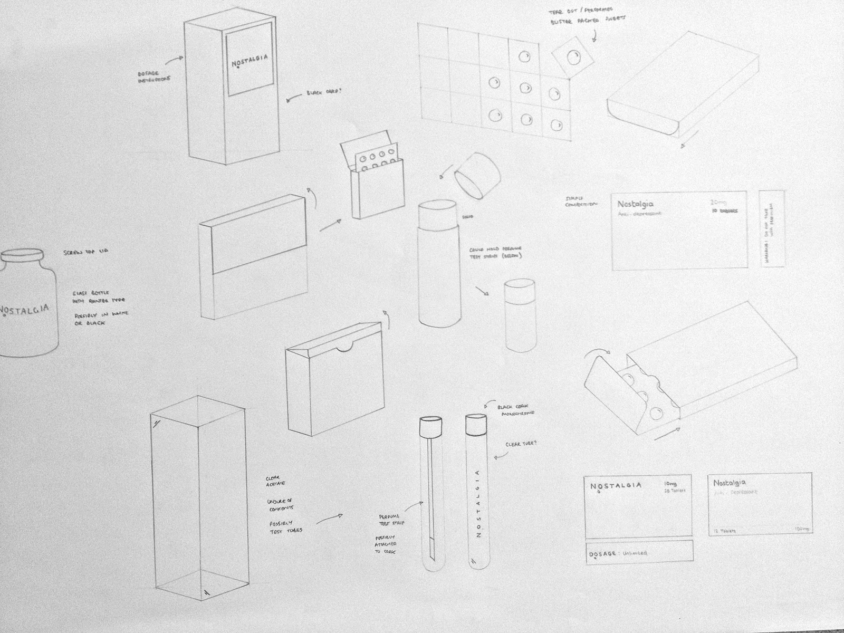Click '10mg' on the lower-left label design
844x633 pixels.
[670, 483]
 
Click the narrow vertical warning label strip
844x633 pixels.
[771, 229]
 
